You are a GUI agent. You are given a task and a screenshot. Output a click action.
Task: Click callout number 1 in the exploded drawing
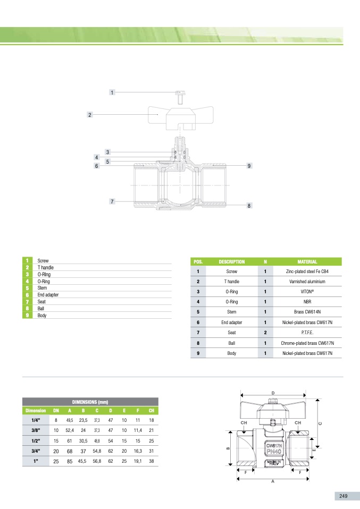[x=112, y=92]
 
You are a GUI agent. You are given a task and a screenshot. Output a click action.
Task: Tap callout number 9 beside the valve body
[x=249, y=166]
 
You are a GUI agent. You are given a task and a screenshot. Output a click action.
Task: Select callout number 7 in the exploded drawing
[x=112, y=201]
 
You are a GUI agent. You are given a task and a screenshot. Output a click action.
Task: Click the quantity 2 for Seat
[x=265, y=332]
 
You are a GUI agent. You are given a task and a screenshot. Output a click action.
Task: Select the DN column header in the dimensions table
[x=56, y=411]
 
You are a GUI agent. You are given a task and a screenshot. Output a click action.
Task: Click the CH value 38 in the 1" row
[x=151, y=461]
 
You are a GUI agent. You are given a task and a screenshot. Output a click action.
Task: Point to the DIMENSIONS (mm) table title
[x=90, y=402]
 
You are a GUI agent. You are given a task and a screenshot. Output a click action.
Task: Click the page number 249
[x=343, y=496]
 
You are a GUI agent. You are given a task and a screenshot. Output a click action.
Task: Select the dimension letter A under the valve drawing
[x=272, y=482]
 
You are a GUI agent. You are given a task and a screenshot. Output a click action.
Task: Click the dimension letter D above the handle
[x=273, y=393]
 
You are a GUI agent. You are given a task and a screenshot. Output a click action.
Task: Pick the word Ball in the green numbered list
[x=41, y=308]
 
